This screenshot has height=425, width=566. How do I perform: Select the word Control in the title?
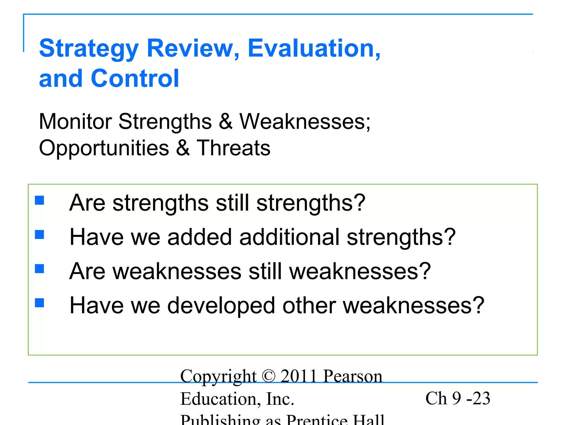pos(135,79)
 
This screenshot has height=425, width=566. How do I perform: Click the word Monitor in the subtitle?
pos(75,122)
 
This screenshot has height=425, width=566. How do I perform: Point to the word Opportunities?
pos(104,148)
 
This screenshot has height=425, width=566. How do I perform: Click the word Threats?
pos(234,148)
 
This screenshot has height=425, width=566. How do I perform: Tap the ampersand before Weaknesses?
pos(226,122)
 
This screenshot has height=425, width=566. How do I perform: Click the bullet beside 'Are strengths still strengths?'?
pos(40,200)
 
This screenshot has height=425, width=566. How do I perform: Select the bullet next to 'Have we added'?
pos(40,235)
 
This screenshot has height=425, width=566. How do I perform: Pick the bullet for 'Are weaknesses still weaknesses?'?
pos(40,269)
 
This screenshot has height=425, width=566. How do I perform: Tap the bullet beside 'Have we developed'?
pos(40,303)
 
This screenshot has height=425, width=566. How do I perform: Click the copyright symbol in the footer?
pos(268,377)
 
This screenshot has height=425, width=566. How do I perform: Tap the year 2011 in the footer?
pos(298,377)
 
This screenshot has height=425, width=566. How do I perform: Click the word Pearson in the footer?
pos(353,377)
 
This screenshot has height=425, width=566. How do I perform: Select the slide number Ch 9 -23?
pos(458,399)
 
